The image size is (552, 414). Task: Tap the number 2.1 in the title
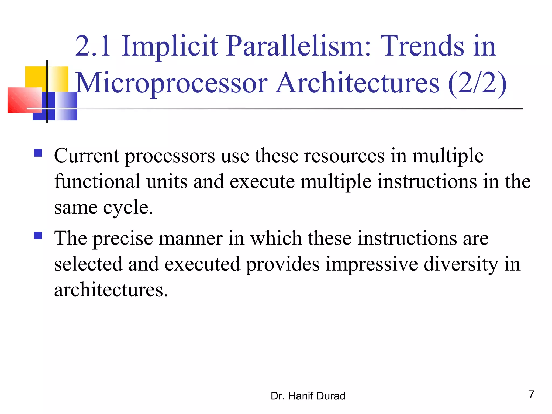point(93,46)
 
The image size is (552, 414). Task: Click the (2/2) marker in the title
point(477,83)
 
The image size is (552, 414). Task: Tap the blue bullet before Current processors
point(38,153)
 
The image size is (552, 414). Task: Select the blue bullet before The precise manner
point(38,236)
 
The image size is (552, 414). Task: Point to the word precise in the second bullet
point(123,239)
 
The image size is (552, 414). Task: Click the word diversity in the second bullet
point(461,264)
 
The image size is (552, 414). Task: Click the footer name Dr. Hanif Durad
point(308,396)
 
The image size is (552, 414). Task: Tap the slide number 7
point(531,394)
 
